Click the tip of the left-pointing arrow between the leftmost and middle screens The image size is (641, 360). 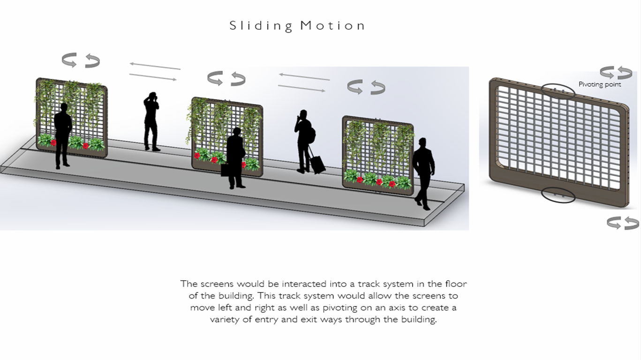(x=129, y=64)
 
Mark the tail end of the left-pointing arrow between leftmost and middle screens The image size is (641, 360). (x=181, y=69)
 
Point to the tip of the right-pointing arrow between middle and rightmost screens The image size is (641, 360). (x=325, y=91)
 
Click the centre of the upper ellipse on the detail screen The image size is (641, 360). (x=558, y=91)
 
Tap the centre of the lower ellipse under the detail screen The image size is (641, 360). (x=558, y=195)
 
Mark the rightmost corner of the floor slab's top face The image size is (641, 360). (x=464, y=185)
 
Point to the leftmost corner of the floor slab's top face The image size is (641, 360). (x=1, y=166)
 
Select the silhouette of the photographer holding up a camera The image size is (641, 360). (x=151, y=121)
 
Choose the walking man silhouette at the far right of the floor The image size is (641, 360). (x=424, y=173)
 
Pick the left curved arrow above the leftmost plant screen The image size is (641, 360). (x=69, y=60)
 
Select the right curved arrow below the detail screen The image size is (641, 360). (x=632, y=223)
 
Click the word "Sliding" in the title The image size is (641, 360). (x=261, y=26)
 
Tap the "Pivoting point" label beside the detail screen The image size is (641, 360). (x=600, y=84)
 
